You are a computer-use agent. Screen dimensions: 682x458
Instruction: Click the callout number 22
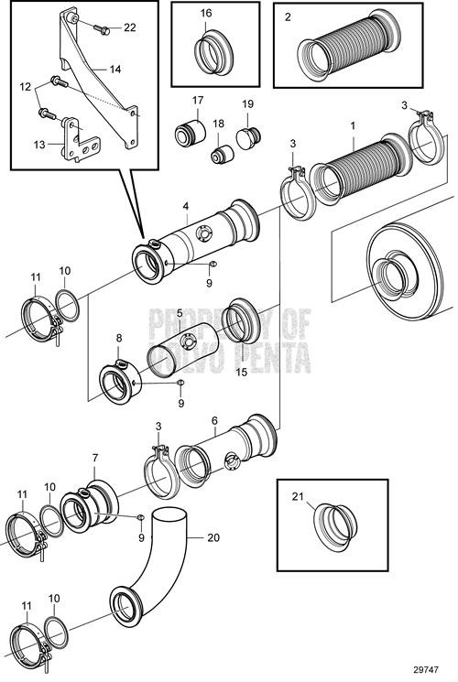pos(129,27)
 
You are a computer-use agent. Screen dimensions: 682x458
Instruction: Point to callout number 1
pos(354,122)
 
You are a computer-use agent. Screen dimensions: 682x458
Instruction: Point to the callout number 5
pos(180,312)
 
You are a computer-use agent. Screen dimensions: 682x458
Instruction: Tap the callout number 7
pos(93,458)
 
